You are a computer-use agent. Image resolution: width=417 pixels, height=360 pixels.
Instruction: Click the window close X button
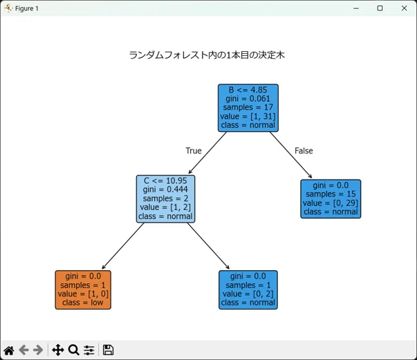coord(404,8)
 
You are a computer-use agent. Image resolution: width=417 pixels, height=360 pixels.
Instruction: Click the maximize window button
coord(380,8)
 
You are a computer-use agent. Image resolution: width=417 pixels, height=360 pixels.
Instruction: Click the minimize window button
coord(356,8)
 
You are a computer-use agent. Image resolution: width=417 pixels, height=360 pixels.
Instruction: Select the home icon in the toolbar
coord(9,350)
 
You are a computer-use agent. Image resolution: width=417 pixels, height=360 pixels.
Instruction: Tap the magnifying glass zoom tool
coord(74,350)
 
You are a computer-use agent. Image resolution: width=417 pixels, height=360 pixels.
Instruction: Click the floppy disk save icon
coord(108,350)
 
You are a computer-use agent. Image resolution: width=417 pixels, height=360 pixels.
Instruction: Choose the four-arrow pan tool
coord(58,350)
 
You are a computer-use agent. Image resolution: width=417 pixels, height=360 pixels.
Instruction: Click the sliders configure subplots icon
coord(89,350)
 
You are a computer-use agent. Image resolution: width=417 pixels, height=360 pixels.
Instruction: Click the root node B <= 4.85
coord(248,108)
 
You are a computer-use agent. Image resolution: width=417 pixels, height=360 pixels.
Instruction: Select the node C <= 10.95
coord(165,199)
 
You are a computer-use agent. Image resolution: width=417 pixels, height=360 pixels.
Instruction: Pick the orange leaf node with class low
coord(83,290)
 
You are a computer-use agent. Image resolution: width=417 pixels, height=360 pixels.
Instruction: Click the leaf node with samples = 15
coord(331,199)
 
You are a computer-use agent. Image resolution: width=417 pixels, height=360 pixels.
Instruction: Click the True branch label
coord(194,151)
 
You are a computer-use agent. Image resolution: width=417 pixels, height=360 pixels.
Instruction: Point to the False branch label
coord(304,151)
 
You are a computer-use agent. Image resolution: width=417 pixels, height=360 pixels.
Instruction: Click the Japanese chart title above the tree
coord(207,55)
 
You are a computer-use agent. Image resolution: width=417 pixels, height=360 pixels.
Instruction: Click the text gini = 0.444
coord(165,189)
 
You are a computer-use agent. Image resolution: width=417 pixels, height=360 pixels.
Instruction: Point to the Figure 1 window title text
coord(26,8)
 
